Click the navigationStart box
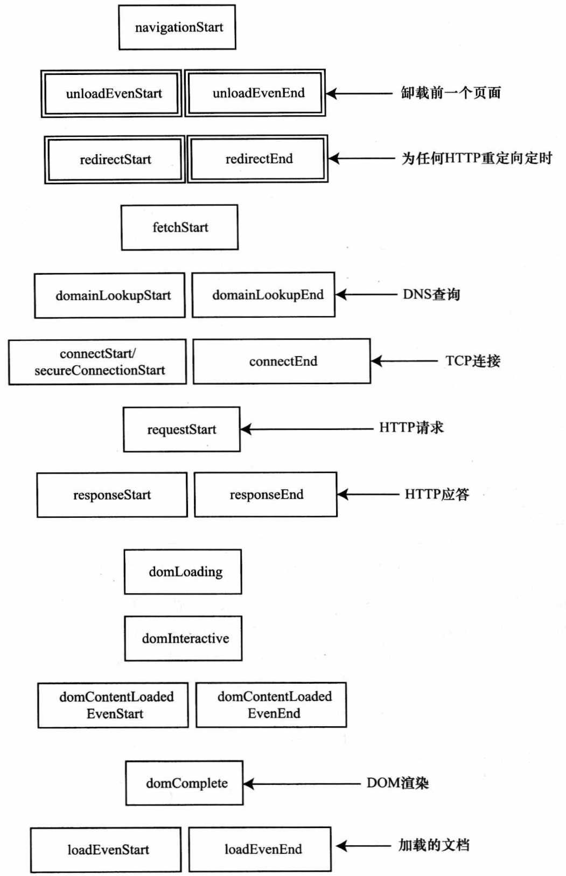point(177,27)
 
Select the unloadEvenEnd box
point(255,93)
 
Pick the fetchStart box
point(179,227)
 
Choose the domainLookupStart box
point(110,295)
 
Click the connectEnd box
point(282,361)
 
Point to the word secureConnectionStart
point(100,371)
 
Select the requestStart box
point(181,429)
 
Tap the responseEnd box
point(265,495)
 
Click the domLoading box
point(183,572)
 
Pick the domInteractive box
point(183,638)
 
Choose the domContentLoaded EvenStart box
point(113,705)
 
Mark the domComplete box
point(184,783)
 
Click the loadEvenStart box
point(106,850)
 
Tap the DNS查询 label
point(431,294)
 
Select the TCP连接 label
point(472,361)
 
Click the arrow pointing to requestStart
point(307,429)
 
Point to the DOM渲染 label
point(397,783)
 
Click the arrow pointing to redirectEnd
point(361,158)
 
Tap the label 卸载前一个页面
point(451,93)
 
